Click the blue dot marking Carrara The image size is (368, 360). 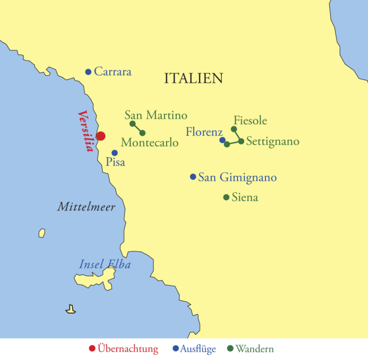pos(88,72)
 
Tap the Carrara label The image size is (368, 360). pos(112,72)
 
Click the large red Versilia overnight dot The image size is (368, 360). pos(101,136)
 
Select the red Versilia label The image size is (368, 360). pos(86,131)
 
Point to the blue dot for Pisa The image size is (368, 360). pos(114,152)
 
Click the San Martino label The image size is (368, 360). pos(156,115)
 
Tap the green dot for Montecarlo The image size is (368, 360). pos(143,133)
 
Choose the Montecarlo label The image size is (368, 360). pos(150,143)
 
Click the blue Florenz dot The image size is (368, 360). pos(222,140)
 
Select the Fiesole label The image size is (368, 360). pos(250,121)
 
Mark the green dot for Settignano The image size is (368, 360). pos(241,141)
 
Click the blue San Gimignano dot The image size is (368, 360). pos(193,177)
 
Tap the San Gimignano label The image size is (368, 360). pos(237,177)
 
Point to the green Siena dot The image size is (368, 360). pos(226,197)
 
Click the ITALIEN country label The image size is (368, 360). pos(194,78)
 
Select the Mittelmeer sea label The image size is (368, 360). pos(86,207)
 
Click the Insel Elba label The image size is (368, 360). pos(105,265)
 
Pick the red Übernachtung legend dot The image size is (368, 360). pos(92,348)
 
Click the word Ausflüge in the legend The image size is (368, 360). pos(199,349)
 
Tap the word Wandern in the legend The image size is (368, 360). pos(254,349)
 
